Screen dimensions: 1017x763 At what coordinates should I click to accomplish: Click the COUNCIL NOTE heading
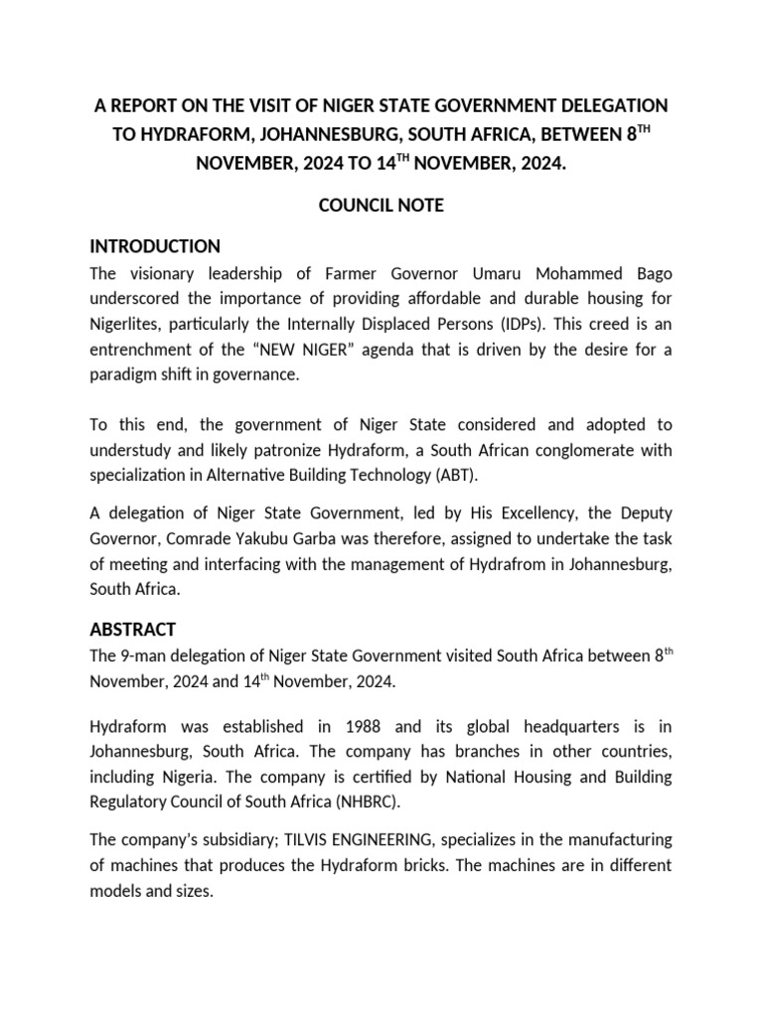click(381, 206)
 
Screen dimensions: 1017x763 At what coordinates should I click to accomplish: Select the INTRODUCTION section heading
click(155, 246)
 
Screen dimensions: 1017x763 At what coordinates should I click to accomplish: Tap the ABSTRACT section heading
click(132, 629)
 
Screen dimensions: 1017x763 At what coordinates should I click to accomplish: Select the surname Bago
click(651, 274)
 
